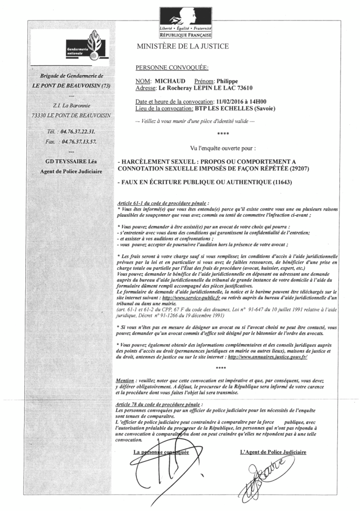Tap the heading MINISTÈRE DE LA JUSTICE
pos(183,46)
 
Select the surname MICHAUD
pos(169,82)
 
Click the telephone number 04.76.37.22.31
pos(78,131)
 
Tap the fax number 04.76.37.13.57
pos(78,142)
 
